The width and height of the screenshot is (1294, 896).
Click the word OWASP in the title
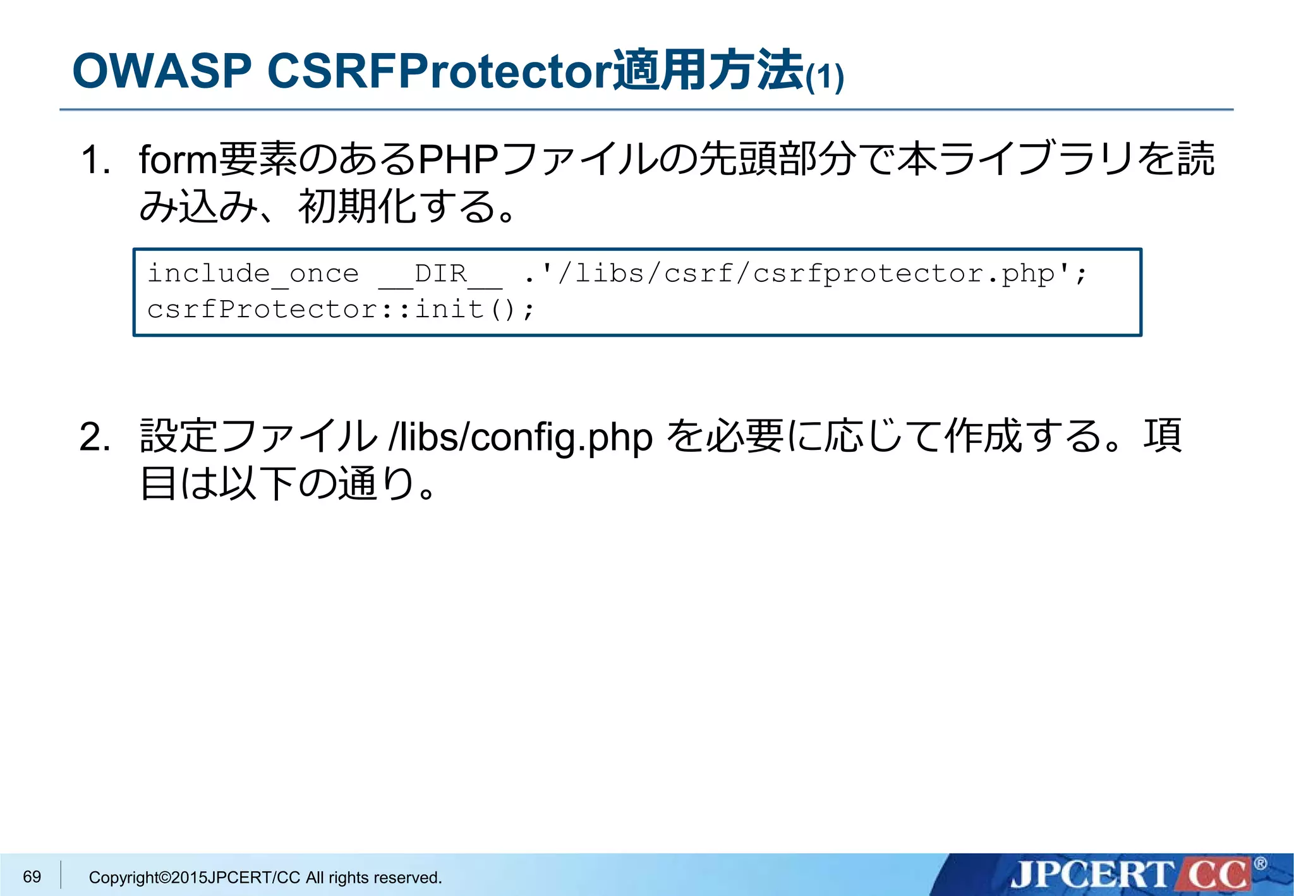point(162,71)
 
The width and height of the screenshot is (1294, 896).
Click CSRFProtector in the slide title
point(439,71)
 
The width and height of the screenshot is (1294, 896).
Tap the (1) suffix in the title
point(825,77)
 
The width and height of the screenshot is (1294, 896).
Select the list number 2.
point(95,437)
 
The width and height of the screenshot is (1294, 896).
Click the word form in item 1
point(178,159)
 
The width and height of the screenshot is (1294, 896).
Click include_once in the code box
point(253,274)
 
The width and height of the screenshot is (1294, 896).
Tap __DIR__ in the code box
point(440,274)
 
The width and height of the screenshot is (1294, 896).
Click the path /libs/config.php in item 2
point(521,437)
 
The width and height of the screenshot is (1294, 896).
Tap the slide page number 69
point(32,876)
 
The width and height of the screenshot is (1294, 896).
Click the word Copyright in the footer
point(123,878)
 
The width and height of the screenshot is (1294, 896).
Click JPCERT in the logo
point(1090,875)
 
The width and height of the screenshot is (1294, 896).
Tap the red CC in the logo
point(1218,875)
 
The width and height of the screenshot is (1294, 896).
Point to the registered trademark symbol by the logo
point(1260,863)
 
